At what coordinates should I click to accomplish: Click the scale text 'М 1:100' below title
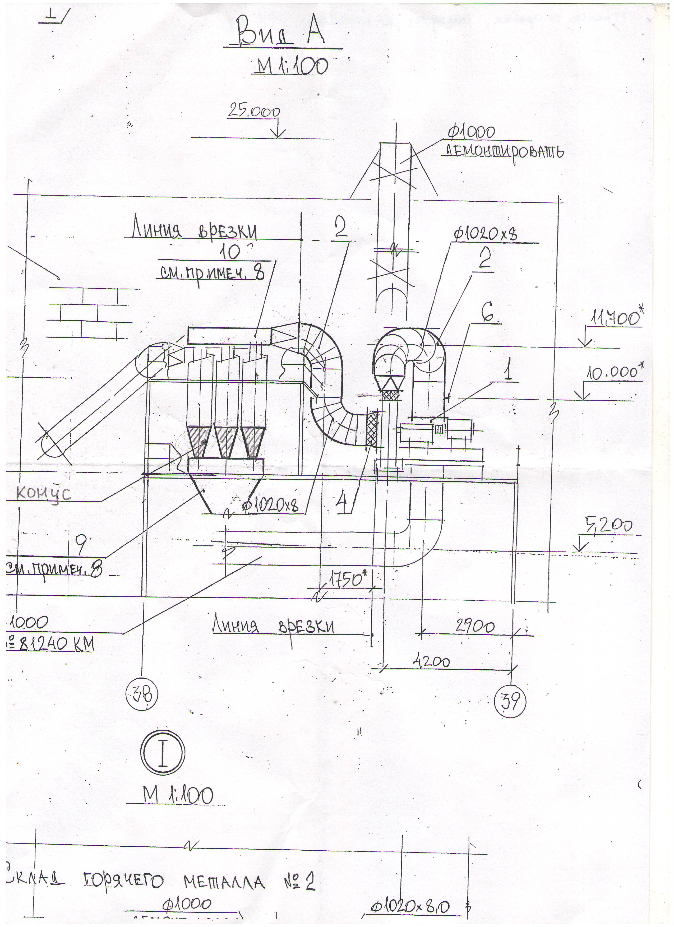[x=290, y=66]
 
